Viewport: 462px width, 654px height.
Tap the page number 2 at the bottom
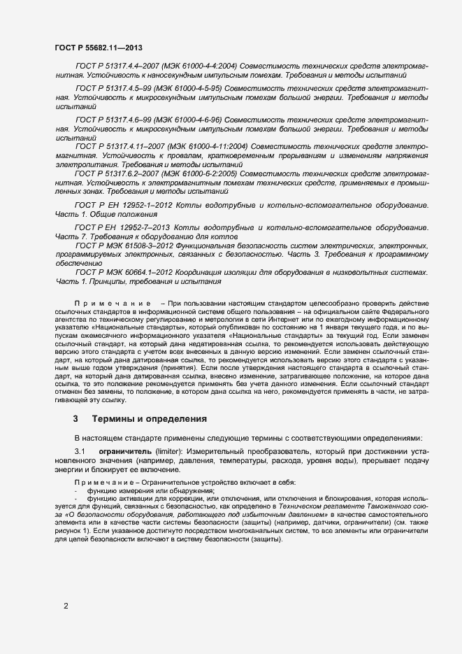pos(66,606)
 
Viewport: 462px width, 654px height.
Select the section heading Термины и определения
pos(150,419)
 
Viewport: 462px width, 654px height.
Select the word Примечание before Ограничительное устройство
pos(99,484)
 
